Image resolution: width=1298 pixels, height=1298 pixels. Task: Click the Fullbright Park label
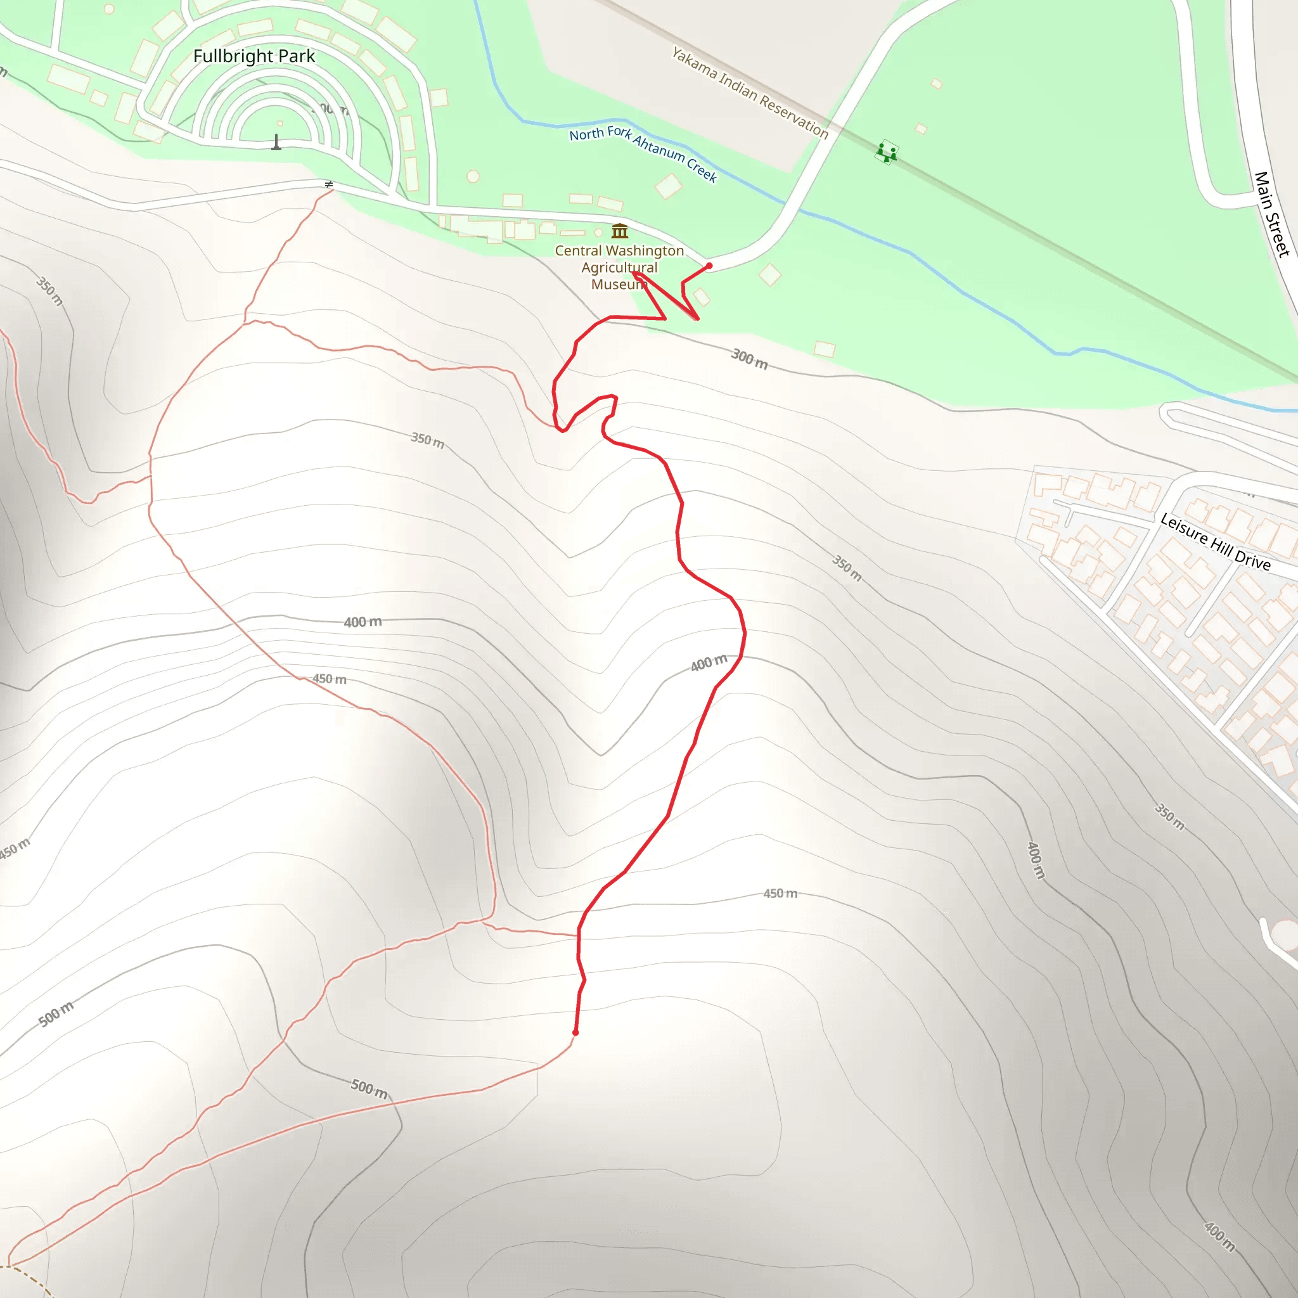pos(254,56)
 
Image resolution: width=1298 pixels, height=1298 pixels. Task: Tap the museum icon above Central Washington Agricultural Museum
pos(619,231)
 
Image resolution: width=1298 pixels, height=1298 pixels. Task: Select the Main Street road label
pos(1272,214)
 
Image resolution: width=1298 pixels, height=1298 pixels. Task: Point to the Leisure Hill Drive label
pos(1216,542)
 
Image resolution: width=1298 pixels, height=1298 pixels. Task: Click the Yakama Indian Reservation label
pos(750,93)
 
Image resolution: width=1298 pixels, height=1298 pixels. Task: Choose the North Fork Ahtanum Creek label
pos(643,153)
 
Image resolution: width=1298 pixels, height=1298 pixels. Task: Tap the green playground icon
pos(886,152)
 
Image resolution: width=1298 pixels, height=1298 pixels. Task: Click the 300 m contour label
pos(749,359)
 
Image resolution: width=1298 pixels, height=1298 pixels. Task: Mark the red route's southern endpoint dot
pos(575,1032)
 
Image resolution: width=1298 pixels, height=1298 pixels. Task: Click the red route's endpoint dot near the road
pos(709,266)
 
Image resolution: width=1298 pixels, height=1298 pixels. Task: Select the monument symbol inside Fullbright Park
pos(276,143)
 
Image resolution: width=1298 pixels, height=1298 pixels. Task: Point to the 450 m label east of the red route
pos(780,894)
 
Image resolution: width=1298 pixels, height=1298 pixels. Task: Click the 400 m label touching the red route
pos(709,663)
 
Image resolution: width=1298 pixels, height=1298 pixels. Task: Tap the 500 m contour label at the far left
pos(56,1014)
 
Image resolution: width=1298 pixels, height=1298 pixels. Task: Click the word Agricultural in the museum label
pos(619,267)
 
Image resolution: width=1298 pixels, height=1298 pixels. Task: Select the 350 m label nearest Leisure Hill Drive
pos(847,568)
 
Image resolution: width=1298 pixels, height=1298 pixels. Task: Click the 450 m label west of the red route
pos(329,679)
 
